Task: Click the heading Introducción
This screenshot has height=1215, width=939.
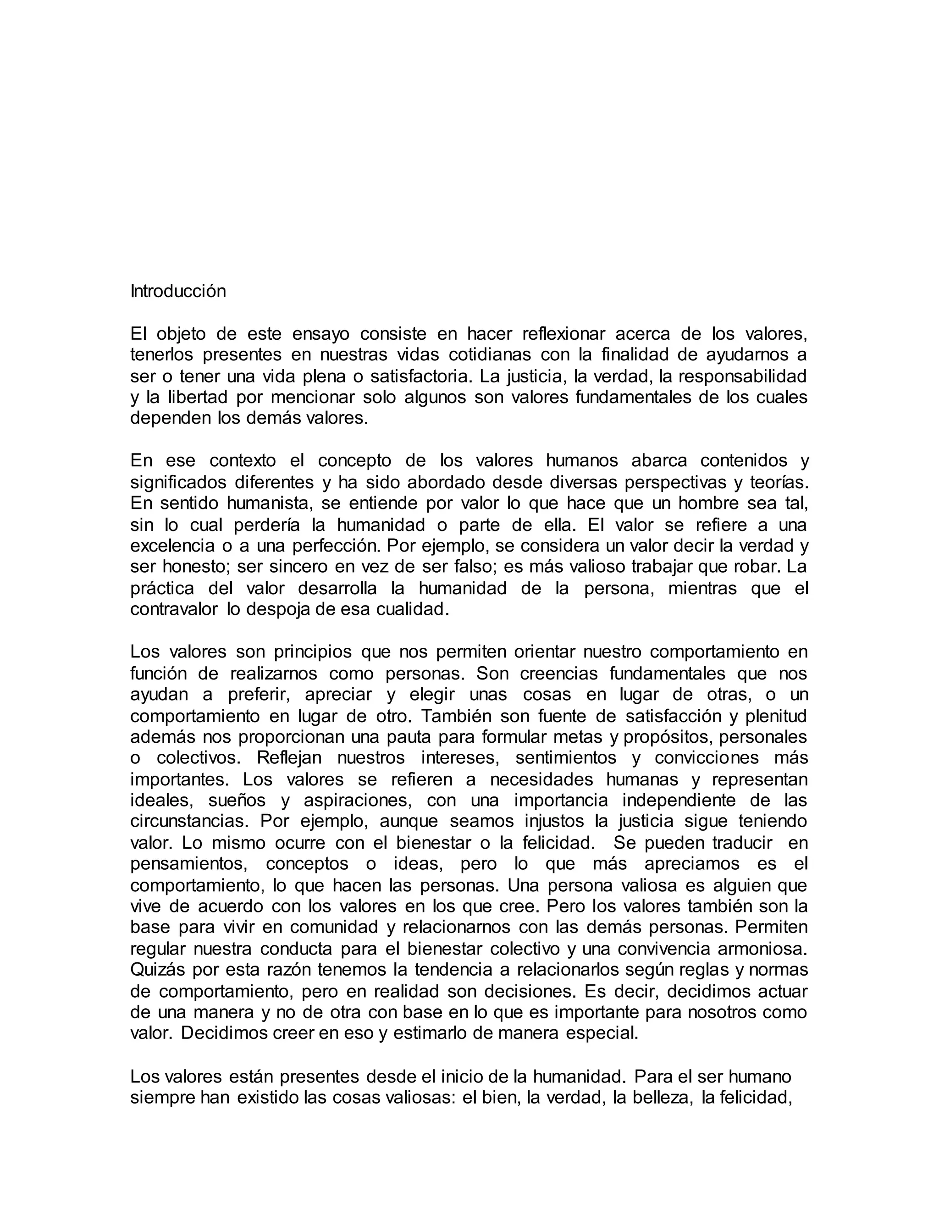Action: [178, 291]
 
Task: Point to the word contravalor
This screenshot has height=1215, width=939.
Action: [174, 609]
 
